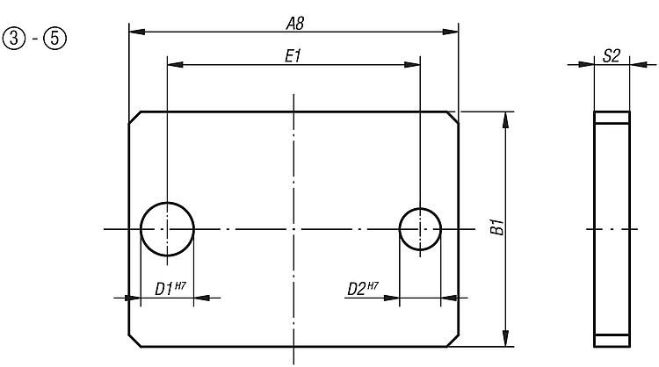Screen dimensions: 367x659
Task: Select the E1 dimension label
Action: click(294, 55)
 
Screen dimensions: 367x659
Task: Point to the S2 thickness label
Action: click(612, 56)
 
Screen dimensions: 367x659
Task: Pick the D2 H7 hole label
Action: click(362, 287)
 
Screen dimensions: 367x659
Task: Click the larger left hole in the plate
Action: click(167, 228)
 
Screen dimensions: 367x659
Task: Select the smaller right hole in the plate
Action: click(420, 228)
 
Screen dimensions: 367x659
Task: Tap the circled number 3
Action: click(15, 40)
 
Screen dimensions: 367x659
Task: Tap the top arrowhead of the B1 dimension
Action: click(506, 118)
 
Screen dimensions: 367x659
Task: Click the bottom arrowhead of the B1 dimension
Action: click(506, 340)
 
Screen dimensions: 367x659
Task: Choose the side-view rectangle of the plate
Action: click(612, 228)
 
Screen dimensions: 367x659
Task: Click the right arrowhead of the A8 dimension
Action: click(453, 32)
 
